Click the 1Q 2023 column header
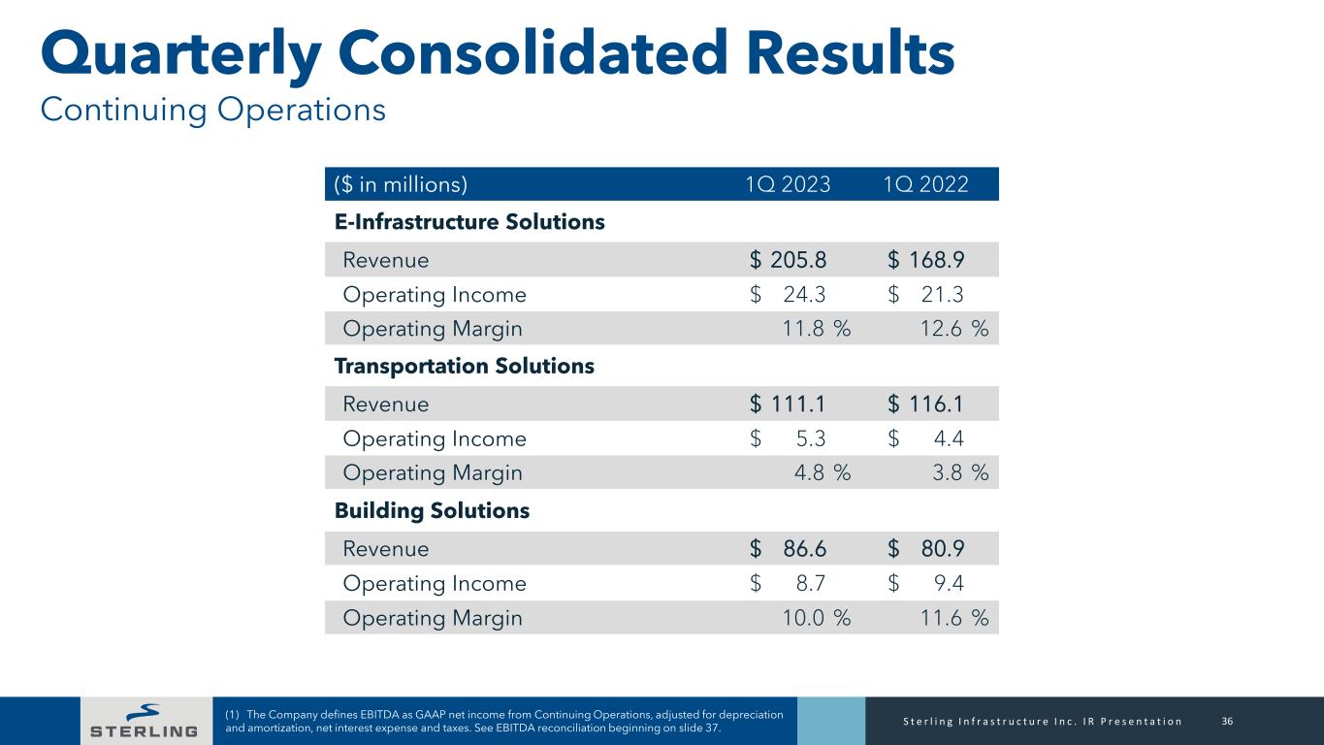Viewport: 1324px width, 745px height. click(x=789, y=184)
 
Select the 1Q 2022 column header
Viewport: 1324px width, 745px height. click(x=926, y=184)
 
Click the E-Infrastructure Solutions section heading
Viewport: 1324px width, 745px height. click(x=469, y=222)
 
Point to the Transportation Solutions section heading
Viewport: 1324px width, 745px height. click(x=464, y=367)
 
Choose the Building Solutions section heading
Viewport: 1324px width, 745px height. click(x=432, y=510)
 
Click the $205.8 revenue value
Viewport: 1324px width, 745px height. click(x=790, y=260)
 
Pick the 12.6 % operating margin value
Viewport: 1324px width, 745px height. click(x=953, y=330)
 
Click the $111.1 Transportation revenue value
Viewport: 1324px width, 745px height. click(x=790, y=404)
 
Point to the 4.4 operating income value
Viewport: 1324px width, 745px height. click(x=948, y=439)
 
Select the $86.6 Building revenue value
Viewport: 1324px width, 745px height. click(x=790, y=548)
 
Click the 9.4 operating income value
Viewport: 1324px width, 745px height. click(x=948, y=584)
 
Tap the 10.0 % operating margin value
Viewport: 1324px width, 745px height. click(x=816, y=619)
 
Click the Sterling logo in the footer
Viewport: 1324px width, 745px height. click(x=143, y=721)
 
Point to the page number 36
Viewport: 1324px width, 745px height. click(x=1227, y=721)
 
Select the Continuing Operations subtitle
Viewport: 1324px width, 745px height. click(x=212, y=110)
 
